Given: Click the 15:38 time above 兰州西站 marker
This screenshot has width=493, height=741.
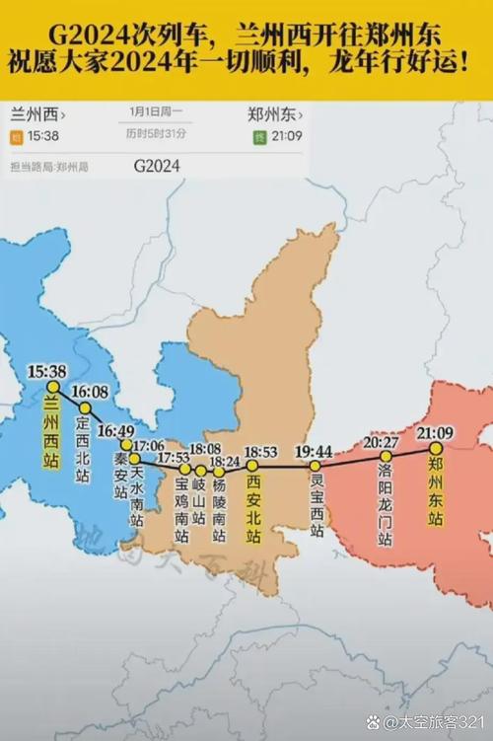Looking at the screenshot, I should coord(47,371).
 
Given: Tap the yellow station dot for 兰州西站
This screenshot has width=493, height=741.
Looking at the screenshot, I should coord(53,387).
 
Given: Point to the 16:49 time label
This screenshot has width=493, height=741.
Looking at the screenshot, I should coord(115,430).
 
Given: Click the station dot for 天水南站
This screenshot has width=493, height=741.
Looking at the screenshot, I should coord(135,459).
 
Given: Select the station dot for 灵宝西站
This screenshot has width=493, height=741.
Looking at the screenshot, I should coord(316,466).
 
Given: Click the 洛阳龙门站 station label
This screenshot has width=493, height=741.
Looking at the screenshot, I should coord(385,505).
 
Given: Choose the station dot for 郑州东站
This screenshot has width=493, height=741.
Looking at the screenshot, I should coord(435,448).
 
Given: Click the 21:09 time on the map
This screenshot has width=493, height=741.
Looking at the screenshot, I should coord(435,432).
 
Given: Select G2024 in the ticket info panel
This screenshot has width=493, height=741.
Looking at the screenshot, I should coord(156,167).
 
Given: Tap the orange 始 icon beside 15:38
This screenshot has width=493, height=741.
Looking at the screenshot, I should coord(16,135).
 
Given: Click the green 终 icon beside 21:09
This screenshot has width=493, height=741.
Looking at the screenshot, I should coord(260,135).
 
